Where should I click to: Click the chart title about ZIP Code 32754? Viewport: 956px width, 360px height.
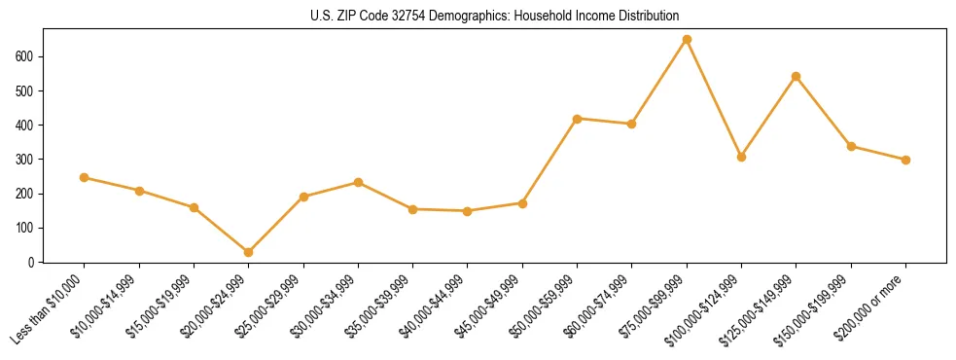478,17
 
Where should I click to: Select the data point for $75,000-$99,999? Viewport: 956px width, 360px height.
687,40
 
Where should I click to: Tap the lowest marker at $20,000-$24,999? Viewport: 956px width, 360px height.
249,252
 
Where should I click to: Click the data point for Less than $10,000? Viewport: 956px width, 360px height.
85,177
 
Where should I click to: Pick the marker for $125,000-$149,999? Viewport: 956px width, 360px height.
797,76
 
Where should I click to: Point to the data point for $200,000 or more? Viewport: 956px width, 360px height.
905,160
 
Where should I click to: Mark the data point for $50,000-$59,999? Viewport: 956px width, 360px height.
578,119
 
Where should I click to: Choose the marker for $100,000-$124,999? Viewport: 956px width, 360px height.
741,157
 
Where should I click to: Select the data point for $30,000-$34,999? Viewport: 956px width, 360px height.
358,182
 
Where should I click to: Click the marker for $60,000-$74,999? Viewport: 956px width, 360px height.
632,124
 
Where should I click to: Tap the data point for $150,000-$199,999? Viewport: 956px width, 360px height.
851,146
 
